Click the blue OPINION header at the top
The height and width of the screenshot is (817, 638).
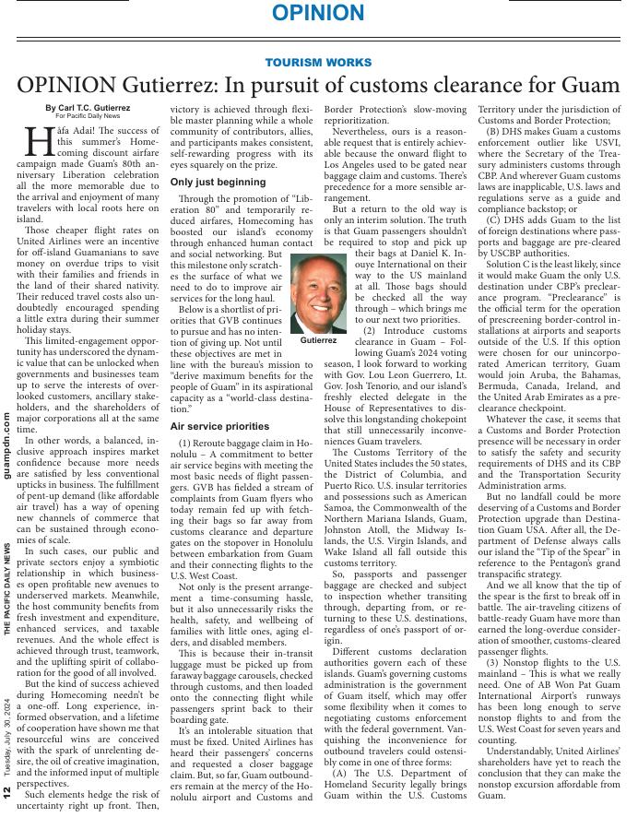pos(318,13)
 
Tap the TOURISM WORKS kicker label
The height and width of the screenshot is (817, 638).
pos(318,63)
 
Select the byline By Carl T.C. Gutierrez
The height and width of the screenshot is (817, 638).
pos(88,109)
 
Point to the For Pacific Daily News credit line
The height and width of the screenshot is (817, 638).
pos(88,117)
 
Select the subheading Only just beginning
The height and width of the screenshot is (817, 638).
pos(219,183)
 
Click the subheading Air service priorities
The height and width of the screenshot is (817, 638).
pos(219,427)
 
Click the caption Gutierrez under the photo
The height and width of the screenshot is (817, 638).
pos(318,340)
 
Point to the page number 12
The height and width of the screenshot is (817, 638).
pos(7,791)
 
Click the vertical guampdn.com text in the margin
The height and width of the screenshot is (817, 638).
pos(7,445)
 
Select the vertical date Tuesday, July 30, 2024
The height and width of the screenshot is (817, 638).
pos(7,733)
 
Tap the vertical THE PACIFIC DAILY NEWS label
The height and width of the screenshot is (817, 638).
pos(7,590)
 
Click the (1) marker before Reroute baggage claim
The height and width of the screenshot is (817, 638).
pos(187,444)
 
